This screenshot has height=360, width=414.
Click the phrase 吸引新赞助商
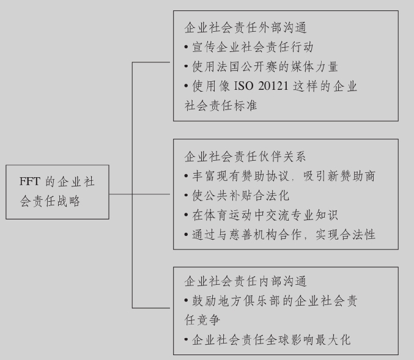point(343,176)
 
